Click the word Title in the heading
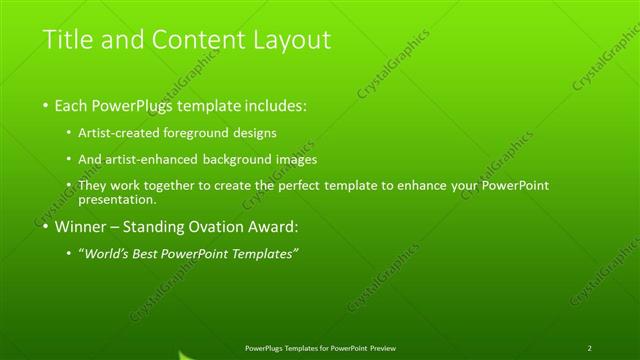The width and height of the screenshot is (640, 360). coord(66,40)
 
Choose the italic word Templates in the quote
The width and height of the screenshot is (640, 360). coord(264,254)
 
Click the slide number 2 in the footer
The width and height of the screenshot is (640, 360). coord(590,348)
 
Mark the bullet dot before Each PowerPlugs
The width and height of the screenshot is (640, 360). coord(46,106)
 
